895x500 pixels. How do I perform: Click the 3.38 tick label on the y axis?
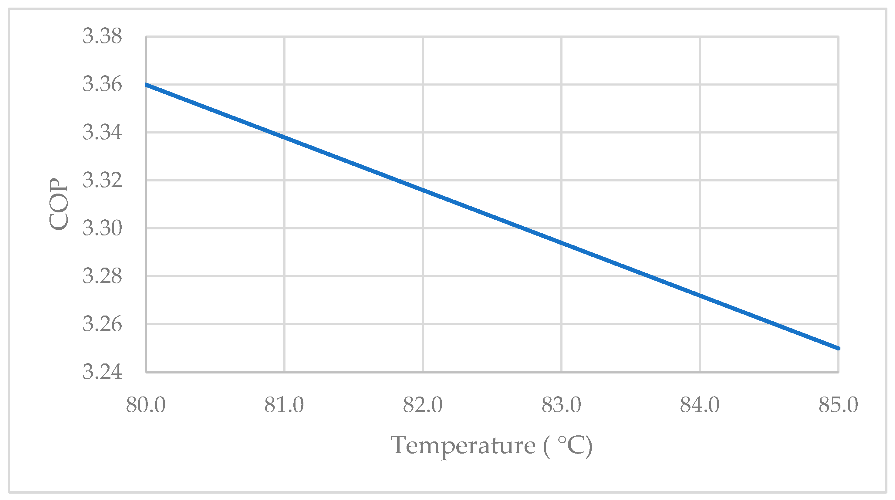(x=102, y=36)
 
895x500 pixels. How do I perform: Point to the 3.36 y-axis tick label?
(x=102, y=84)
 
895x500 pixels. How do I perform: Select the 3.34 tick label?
(x=102, y=133)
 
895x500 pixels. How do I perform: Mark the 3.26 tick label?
(x=102, y=325)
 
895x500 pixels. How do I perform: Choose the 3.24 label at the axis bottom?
(x=102, y=373)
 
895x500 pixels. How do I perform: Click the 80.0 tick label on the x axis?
(x=146, y=405)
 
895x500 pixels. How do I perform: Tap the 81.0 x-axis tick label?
(x=284, y=405)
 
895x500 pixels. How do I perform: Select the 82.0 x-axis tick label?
(x=423, y=405)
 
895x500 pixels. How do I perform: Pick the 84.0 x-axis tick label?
(x=700, y=405)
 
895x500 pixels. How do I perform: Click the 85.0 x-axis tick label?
(x=838, y=405)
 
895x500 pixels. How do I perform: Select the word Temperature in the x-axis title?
(x=463, y=446)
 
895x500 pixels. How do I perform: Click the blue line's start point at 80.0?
(x=146, y=84)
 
